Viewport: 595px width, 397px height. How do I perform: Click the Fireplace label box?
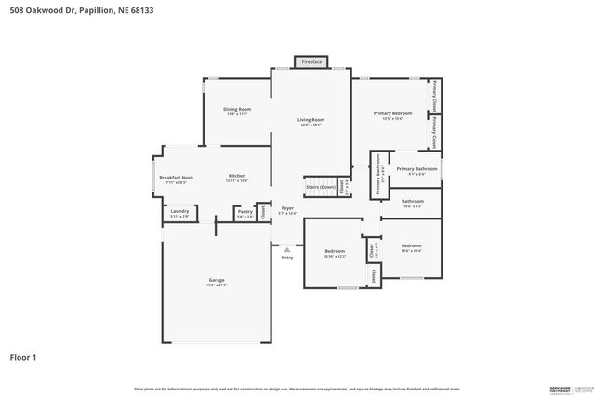[311, 62]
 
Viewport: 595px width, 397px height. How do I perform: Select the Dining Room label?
[237, 110]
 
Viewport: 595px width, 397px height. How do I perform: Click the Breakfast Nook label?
[176, 178]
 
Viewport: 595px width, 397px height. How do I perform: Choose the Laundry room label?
[178, 213]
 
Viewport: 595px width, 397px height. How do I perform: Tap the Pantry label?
[245, 212]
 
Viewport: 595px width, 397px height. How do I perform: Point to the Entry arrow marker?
[287, 249]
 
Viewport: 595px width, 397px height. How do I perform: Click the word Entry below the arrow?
[287, 258]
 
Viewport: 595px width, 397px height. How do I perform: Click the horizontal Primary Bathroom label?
[410, 170]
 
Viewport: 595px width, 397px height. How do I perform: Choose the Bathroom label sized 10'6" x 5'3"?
[412, 202]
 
